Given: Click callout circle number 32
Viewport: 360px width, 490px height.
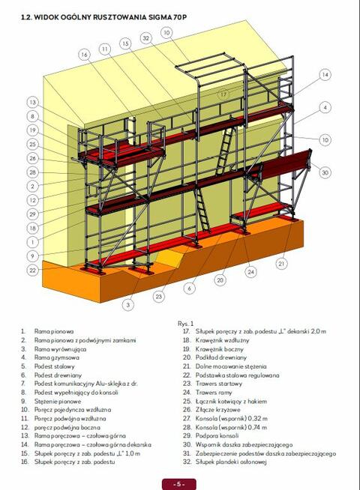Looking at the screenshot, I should [x=145, y=38].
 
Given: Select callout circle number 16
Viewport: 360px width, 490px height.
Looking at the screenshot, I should [x=84, y=54].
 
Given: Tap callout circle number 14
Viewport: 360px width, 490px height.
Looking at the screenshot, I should [x=325, y=75].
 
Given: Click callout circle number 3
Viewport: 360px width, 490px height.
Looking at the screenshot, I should [x=128, y=305].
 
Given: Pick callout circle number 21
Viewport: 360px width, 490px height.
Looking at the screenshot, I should [x=281, y=263].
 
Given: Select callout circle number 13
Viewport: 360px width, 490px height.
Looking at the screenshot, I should [x=32, y=102].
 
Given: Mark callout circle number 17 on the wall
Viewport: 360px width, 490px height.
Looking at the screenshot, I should [x=223, y=94].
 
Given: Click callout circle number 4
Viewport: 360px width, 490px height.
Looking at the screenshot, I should [x=325, y=107].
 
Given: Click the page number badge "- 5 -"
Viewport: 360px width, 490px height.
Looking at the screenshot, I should [x=179, y=483].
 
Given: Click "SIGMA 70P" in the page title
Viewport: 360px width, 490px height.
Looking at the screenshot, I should [x=163, y=16].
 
